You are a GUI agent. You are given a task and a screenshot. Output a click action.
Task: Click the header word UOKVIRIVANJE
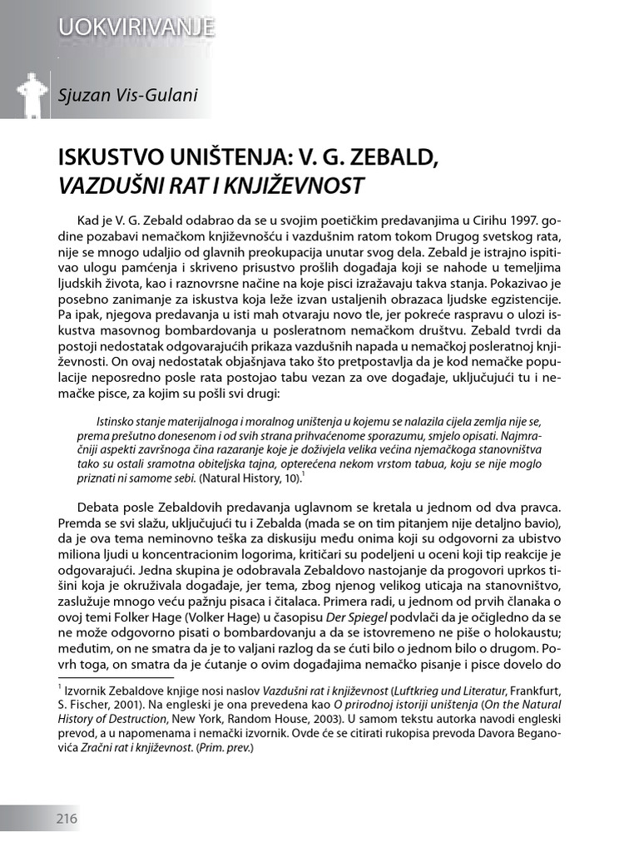tap(136, 27)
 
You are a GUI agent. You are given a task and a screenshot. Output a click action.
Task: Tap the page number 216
tap(67, 819)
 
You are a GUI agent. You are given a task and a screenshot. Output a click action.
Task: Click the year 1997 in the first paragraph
tap(517, 224)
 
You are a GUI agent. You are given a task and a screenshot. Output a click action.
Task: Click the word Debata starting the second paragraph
tap(102, 507)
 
